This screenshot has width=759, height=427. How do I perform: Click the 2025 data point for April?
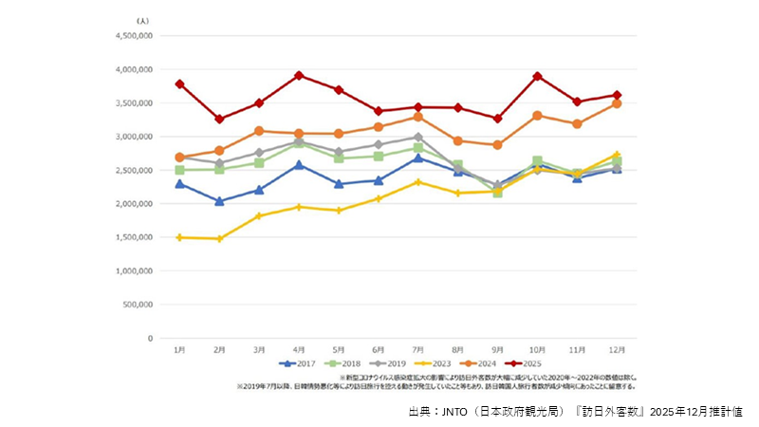tap(299, 75)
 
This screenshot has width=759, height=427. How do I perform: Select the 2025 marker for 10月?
tap(538, 76)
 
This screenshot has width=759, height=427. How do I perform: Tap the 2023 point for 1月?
tap(179, 237)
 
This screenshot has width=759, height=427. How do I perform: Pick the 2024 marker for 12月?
tap(618, 103)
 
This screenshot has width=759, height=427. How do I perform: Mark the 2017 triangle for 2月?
tap(219, 201)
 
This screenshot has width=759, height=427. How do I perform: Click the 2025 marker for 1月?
tap(179, 84)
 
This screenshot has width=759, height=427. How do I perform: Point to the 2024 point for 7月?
tap(418, 117)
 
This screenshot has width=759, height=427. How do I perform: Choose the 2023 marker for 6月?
tap(379, 198)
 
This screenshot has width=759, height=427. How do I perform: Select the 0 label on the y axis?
tap(150, 338)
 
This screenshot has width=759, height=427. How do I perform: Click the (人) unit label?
tap(142, 20)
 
